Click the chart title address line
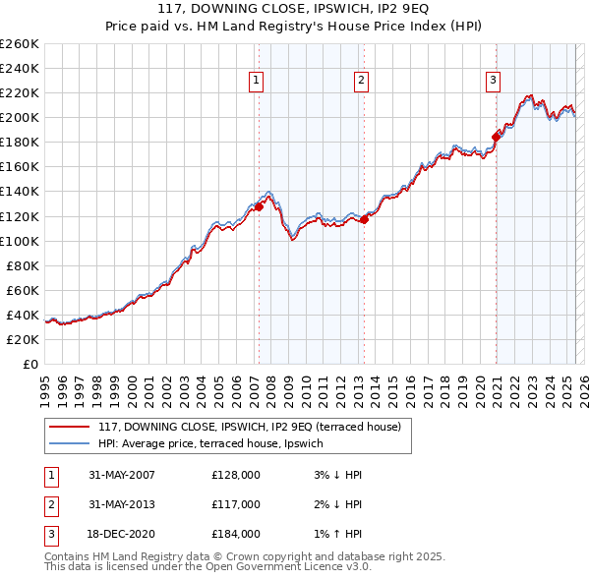(294, 11)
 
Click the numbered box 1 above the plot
(257, 81)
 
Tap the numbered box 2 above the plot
(362, 81)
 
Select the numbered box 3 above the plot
(493, 81)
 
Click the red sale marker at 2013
(364, 219)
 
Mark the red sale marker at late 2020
(497, 137)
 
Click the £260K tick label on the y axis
(20, 44)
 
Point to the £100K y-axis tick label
(20, 241)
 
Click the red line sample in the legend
(69, 427)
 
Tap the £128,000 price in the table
(235, 475)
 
